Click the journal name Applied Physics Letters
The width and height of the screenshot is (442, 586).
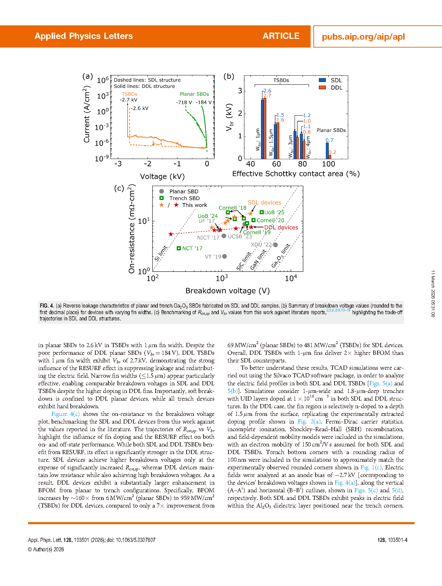(84, 36)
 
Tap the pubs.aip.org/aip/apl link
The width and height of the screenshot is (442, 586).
(363, 37)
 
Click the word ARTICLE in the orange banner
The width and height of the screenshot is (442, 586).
(281, 36)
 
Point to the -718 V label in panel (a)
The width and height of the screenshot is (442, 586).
(184, 102)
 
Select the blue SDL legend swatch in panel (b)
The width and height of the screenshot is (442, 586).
(322, 80)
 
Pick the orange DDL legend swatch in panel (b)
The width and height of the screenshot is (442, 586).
(322, 87)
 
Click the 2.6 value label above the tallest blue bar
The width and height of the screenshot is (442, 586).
(267, 91)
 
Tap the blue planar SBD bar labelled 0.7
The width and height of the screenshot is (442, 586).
(327, 151)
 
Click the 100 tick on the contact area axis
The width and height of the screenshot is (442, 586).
(328, 164)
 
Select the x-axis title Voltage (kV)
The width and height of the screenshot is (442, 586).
(162, 177)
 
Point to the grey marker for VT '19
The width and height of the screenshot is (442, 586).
(225, 257)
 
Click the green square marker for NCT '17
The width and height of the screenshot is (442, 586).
(179, 248)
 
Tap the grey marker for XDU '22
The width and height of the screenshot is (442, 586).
(276, 245)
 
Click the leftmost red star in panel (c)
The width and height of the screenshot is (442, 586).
(171, 234)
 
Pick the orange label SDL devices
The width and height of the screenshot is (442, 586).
(264, 203)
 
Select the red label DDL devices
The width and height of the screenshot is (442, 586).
(281, 228)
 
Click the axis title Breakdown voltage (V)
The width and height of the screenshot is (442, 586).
(227, 291)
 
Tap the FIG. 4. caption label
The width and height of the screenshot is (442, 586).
(47, 306)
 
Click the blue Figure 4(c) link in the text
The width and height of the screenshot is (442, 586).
(66, 414)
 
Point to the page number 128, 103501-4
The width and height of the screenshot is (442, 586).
(392, 540)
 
